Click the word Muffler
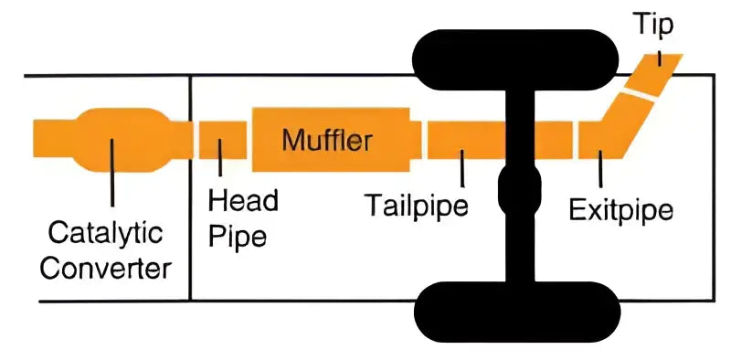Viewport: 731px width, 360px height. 327,141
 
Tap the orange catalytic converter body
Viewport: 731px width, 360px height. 113,141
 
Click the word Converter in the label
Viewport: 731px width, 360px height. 107,270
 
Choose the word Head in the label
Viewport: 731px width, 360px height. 243,200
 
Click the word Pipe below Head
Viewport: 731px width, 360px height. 238,236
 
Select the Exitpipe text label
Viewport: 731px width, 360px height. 620,211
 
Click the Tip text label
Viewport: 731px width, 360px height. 653,25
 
